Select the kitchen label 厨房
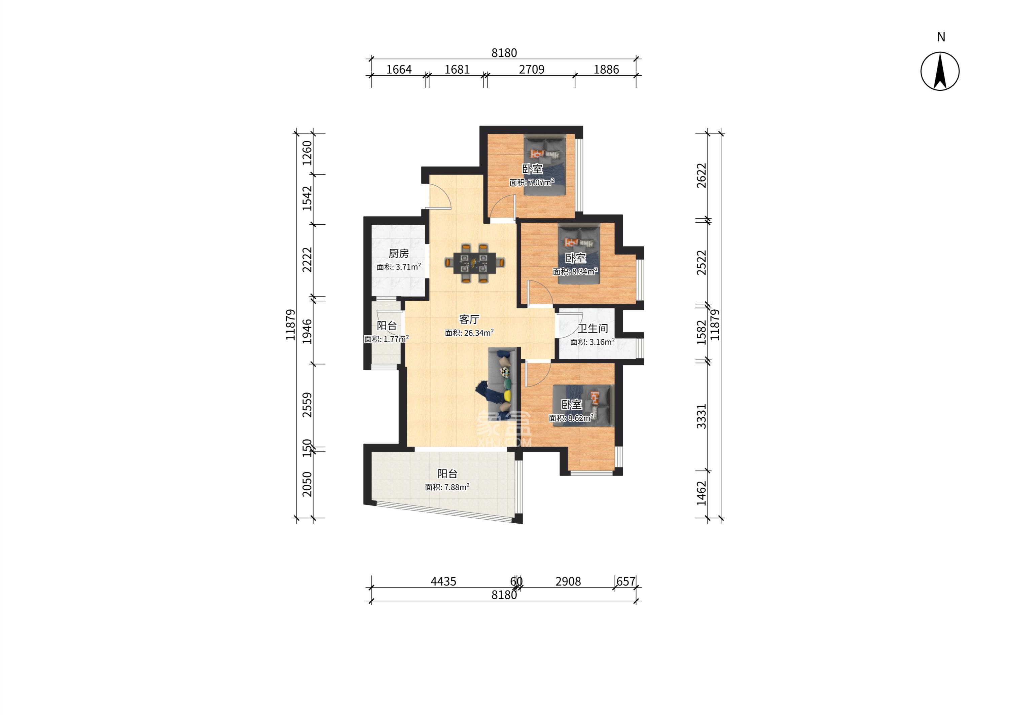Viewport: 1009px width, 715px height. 399,254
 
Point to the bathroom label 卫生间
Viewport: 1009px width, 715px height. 593,329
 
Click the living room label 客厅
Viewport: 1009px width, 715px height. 469,319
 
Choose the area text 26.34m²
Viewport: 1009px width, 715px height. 479,333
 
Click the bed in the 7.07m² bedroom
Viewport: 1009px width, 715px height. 544,165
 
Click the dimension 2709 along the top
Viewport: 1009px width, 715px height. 532,70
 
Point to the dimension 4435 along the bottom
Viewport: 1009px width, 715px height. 443,581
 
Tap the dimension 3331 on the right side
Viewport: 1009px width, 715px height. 701,416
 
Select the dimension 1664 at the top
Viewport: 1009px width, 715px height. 399,70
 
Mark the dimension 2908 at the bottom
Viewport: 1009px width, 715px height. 568,581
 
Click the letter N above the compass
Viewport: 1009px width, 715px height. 941,37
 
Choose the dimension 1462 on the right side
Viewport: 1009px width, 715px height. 701,493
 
